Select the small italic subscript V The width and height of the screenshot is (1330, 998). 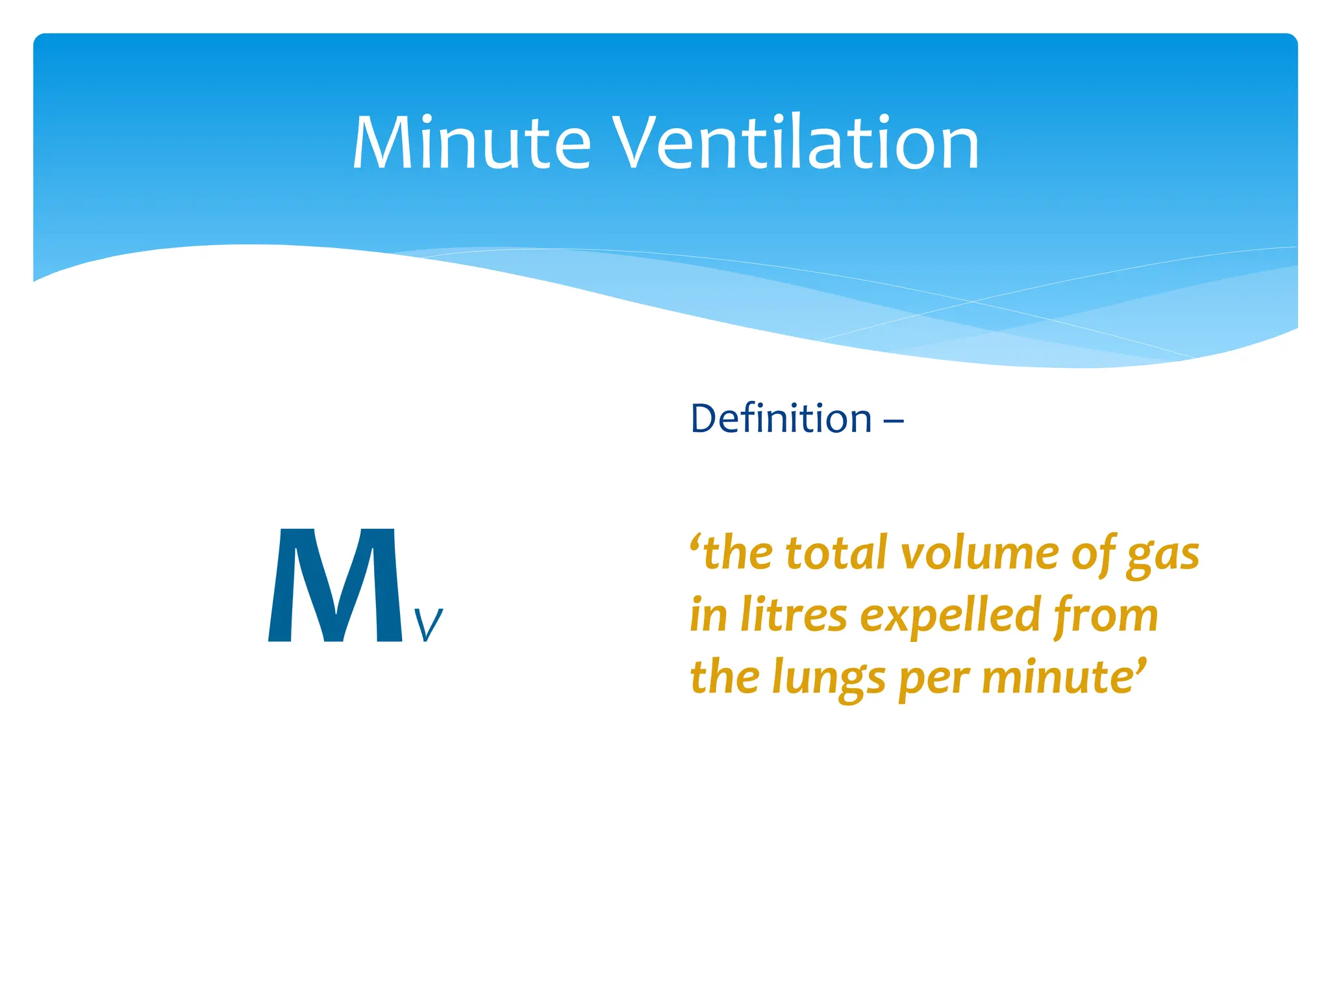coord(428,625)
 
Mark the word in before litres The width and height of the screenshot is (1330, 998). coord(708,615)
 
